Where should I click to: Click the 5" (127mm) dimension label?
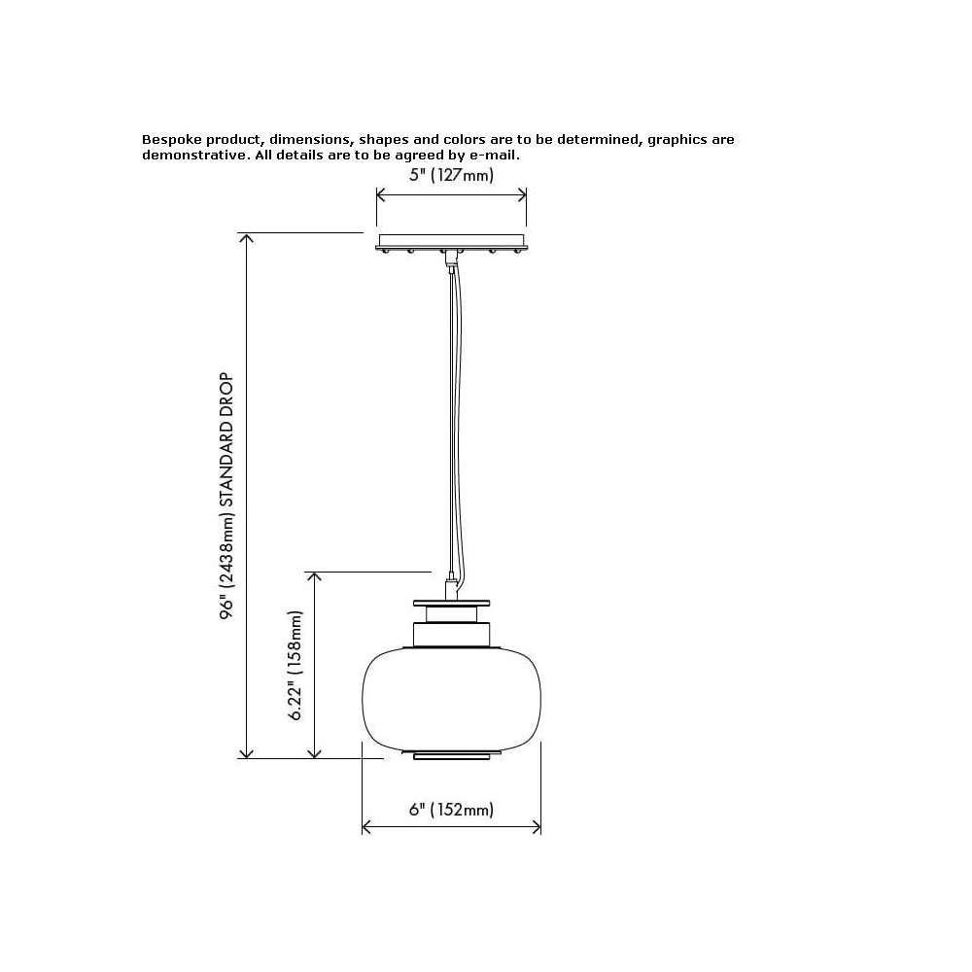tap(451, 175)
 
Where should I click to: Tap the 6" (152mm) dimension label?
tap(451, 810)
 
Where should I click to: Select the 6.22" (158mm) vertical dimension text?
tap(295, 665)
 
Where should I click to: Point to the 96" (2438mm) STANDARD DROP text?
tap(226, 496)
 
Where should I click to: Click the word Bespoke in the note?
tap(172, 139)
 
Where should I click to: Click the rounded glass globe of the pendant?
tap(451, 699)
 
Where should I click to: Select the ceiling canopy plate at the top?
tap(451, 242)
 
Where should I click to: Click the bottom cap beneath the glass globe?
tap(451, 755)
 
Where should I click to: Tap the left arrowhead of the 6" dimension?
tap(366, 827)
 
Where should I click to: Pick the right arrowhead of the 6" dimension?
tap(537, 827)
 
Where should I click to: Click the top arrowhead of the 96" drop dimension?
tap(246, 239)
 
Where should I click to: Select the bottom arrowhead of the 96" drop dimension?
tap(246, 752)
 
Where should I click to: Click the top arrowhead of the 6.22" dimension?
tap(314, 577)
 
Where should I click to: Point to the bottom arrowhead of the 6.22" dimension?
tap(314, 752)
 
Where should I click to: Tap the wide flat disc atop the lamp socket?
tap(451, 604)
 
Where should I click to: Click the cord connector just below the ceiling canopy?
tap(451, 260)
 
